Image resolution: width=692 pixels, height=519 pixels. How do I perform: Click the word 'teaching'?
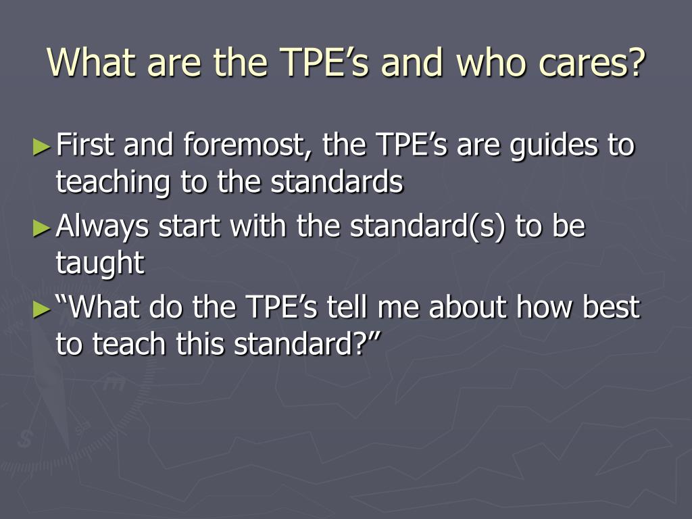click(113, 182)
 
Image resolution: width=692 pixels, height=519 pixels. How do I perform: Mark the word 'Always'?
click(103, 226)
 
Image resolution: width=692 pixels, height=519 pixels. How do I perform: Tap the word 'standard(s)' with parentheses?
click(427, 226)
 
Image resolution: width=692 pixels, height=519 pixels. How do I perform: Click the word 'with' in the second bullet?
click(257, 226)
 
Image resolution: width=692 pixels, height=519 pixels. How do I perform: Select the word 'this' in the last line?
click(200, 344)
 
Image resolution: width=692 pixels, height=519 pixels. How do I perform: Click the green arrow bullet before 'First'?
click(42, 147)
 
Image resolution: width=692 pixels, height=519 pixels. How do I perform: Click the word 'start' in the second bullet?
click(189, 226)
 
